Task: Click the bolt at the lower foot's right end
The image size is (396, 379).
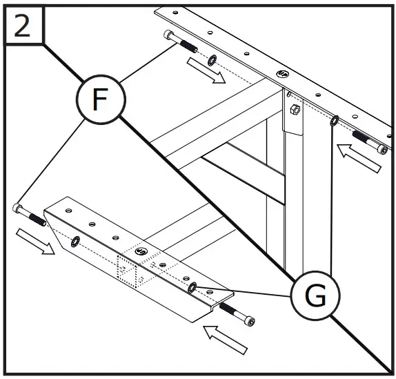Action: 237,315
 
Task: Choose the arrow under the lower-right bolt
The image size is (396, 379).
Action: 228,338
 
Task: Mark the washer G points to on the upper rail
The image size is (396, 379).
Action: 333,122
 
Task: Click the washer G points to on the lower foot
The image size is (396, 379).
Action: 194,286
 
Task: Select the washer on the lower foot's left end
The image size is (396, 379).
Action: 75,240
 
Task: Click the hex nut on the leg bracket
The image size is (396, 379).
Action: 295,109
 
